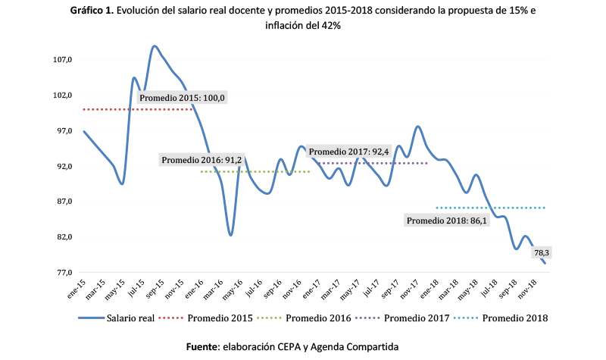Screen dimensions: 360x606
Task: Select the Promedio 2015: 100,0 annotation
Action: tap(183, 98)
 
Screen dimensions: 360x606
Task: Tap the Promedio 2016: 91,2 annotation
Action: tap(201, 160)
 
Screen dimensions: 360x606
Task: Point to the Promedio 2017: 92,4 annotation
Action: tap(349, 152)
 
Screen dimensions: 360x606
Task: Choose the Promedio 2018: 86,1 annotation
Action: tap(447, 221)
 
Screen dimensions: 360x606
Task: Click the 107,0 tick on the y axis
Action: tap(62, 60)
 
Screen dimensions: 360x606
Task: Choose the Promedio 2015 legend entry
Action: tap(220, 318)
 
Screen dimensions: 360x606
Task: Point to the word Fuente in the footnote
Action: tap(202, 346)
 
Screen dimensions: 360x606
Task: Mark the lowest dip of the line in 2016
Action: tap(231, 235)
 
